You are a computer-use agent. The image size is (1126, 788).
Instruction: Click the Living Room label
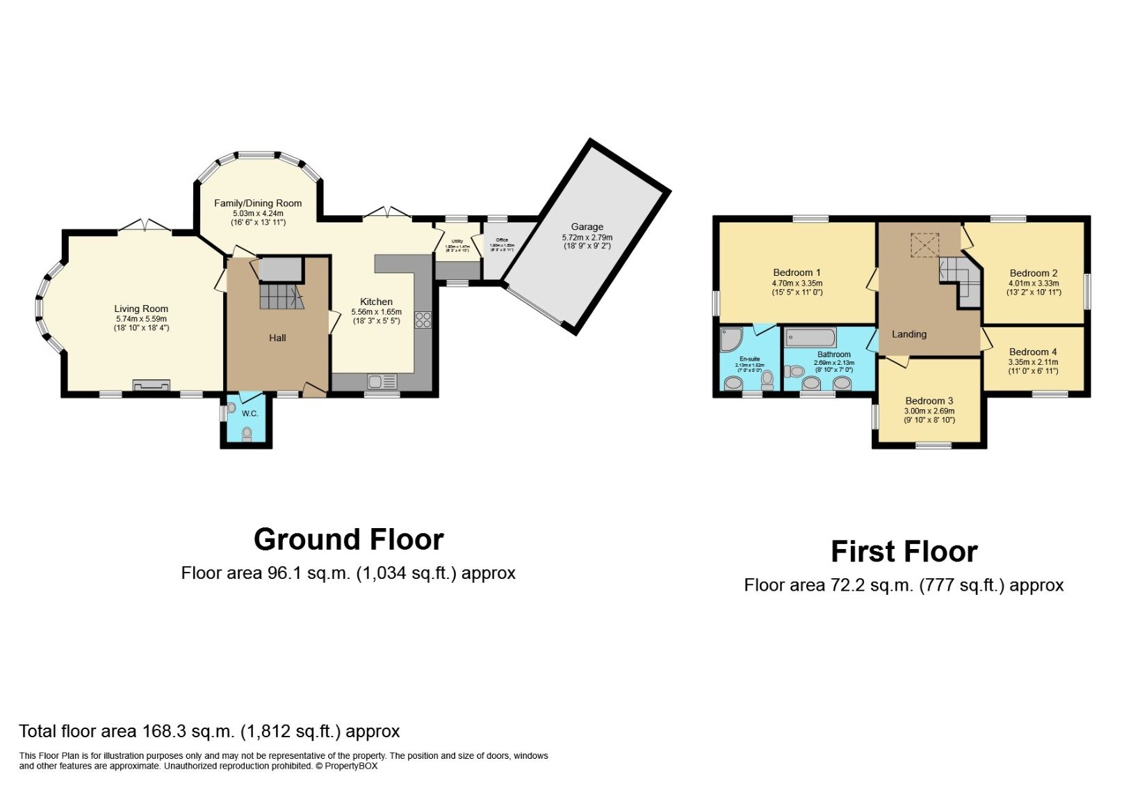141,309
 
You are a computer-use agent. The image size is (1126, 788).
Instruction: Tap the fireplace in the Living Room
151,385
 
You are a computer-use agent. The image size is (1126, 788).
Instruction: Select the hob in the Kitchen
423,320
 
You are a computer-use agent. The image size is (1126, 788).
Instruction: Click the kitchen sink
382,381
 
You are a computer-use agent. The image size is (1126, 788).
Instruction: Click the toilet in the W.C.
247,434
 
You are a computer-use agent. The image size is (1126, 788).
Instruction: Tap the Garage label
587,227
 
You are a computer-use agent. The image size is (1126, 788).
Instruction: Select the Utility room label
457,241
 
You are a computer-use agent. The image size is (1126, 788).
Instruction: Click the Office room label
502,240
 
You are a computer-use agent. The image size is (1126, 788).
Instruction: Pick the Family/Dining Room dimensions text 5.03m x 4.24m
258,213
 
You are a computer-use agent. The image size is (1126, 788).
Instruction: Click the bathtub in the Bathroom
810,338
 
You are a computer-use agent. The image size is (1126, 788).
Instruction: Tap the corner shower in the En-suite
731,339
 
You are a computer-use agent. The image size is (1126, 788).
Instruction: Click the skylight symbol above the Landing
925,245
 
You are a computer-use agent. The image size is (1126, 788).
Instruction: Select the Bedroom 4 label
1033,352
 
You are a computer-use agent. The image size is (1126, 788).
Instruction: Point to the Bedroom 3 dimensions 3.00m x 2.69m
929,411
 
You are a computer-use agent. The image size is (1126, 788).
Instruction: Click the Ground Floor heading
348,539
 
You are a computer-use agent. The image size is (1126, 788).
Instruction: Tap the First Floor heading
904,552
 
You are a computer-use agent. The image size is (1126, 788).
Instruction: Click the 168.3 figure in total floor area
164,731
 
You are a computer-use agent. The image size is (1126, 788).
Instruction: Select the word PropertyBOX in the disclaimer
351,766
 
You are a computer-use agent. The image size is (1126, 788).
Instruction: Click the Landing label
909,334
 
